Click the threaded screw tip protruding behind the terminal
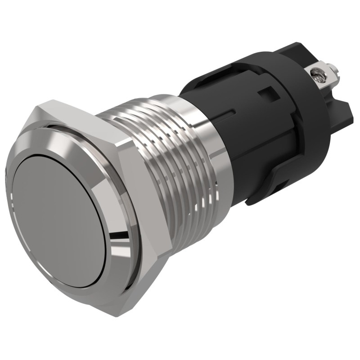[x=334, y=70]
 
